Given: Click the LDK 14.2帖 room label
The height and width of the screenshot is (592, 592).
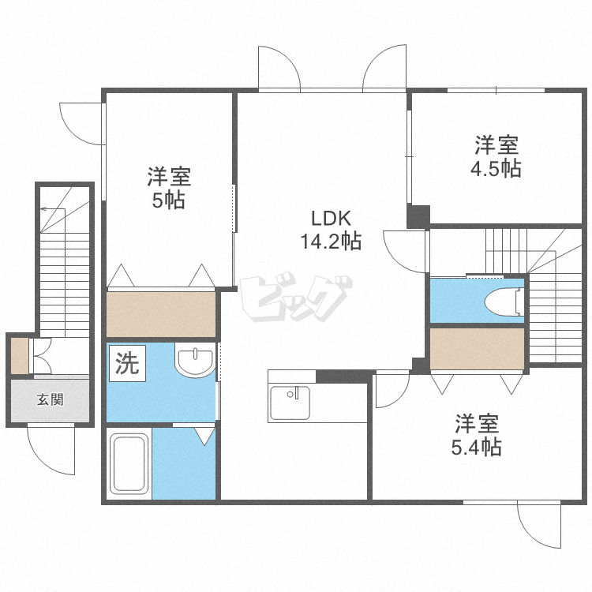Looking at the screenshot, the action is [331, 230].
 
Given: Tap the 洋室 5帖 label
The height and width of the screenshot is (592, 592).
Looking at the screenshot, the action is [169, 188].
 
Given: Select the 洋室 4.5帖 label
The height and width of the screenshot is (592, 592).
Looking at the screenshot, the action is [496, 156].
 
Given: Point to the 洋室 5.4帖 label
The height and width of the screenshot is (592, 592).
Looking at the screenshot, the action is [477, 435].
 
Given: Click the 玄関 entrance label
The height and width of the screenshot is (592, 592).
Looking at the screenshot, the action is [50, 399].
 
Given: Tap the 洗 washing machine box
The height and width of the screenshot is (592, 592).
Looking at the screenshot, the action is [127, 363].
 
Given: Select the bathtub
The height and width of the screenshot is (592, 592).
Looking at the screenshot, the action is [129, 463].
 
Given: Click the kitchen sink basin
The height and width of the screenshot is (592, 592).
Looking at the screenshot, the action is [290, 403].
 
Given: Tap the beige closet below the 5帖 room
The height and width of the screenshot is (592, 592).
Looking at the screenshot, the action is [161, 314].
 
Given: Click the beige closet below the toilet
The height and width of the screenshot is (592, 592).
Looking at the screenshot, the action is [477, 348].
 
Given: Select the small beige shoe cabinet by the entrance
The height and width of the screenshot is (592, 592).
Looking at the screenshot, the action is [20, 356].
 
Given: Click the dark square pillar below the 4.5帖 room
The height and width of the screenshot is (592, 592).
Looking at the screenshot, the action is [418, 216].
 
